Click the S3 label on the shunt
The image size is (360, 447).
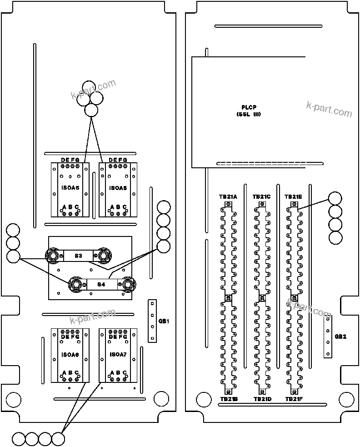click(x=78, y=256)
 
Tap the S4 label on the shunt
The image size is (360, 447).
click(x=101, y=285)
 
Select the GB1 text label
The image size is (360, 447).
click(x=164, y=321)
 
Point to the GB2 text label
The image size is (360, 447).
click(x=340, y=337)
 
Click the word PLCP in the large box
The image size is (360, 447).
click(x=249, y=107)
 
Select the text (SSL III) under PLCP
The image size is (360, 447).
click(x=249, y=115)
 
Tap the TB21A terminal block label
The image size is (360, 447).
click(x=228, y=197)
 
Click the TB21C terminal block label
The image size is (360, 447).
click(x=261, y=197)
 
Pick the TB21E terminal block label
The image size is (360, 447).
click(x=294, y=197)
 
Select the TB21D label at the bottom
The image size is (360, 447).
click(x=262, y=399)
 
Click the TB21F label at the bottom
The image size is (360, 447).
click(x=294, y=399)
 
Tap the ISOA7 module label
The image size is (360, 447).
click(x=118, y=354)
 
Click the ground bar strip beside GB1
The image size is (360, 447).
click(x=153, y=321)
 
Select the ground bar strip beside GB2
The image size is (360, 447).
click(x=327, y=337)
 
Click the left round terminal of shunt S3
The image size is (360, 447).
click(x=53, y=256)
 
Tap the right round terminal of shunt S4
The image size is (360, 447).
click(x=128, y=285)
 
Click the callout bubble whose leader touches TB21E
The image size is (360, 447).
click(x=335, y=199)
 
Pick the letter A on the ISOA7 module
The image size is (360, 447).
click(x=112, y=373)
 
